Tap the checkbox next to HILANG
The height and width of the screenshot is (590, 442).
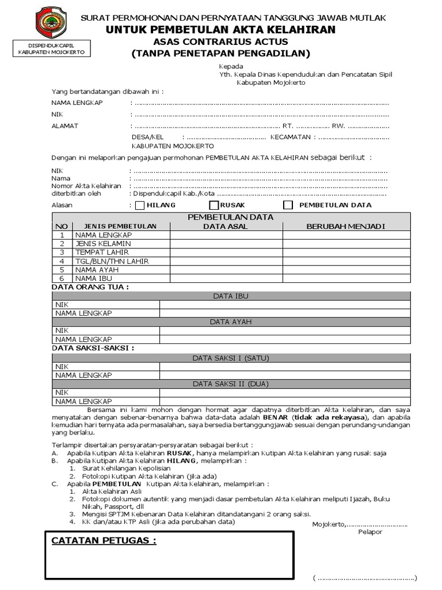(140, 205)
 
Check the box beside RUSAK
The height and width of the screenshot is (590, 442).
(214, 205)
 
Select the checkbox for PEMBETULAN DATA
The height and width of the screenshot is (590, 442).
(288, 205)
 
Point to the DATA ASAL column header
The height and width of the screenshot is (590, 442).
(226, 226)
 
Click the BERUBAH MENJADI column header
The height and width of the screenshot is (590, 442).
(345, 226)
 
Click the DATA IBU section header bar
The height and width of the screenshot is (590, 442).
(230, 296)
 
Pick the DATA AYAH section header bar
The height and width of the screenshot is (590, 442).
(230, 322)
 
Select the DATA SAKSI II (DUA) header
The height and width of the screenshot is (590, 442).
(230, 383)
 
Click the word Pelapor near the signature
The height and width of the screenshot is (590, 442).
(369, 532)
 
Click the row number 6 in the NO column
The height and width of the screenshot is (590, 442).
(62, 278)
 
